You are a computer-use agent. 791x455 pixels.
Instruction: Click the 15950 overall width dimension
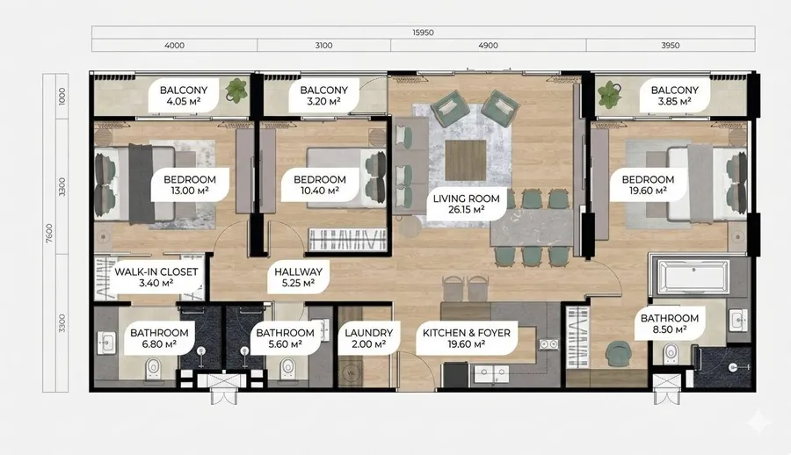[x=423, y=32]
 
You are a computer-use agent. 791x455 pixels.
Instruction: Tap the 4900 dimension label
[x=488, y=46]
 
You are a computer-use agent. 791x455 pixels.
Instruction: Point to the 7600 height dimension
[x=49, y=233]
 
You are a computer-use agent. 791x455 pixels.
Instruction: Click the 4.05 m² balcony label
[x=184, y=96]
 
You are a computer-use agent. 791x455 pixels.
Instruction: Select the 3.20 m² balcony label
[x=323, y=96]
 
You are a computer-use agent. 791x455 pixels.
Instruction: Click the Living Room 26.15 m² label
[x=466, y=204]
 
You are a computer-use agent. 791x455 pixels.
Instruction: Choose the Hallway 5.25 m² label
[x=298, y=278]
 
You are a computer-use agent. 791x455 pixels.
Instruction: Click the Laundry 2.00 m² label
[x=369, y=338]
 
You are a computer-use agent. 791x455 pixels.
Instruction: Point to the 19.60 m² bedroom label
[x=648, y=185]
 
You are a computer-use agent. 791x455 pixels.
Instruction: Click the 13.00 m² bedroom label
[x=190, y=185]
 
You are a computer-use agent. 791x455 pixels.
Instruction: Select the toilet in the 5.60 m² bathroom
[x=287, y=368]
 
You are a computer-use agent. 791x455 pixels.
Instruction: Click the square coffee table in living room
[x=466, y=160]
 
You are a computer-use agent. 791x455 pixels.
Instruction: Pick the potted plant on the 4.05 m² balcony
[x=236, y=90]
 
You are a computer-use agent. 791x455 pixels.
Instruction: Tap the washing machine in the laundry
[x=351, y=374]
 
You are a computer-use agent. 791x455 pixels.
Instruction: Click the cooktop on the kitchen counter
[x=548, y=344]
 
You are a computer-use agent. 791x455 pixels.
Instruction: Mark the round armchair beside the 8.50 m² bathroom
[x=616, y=354]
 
